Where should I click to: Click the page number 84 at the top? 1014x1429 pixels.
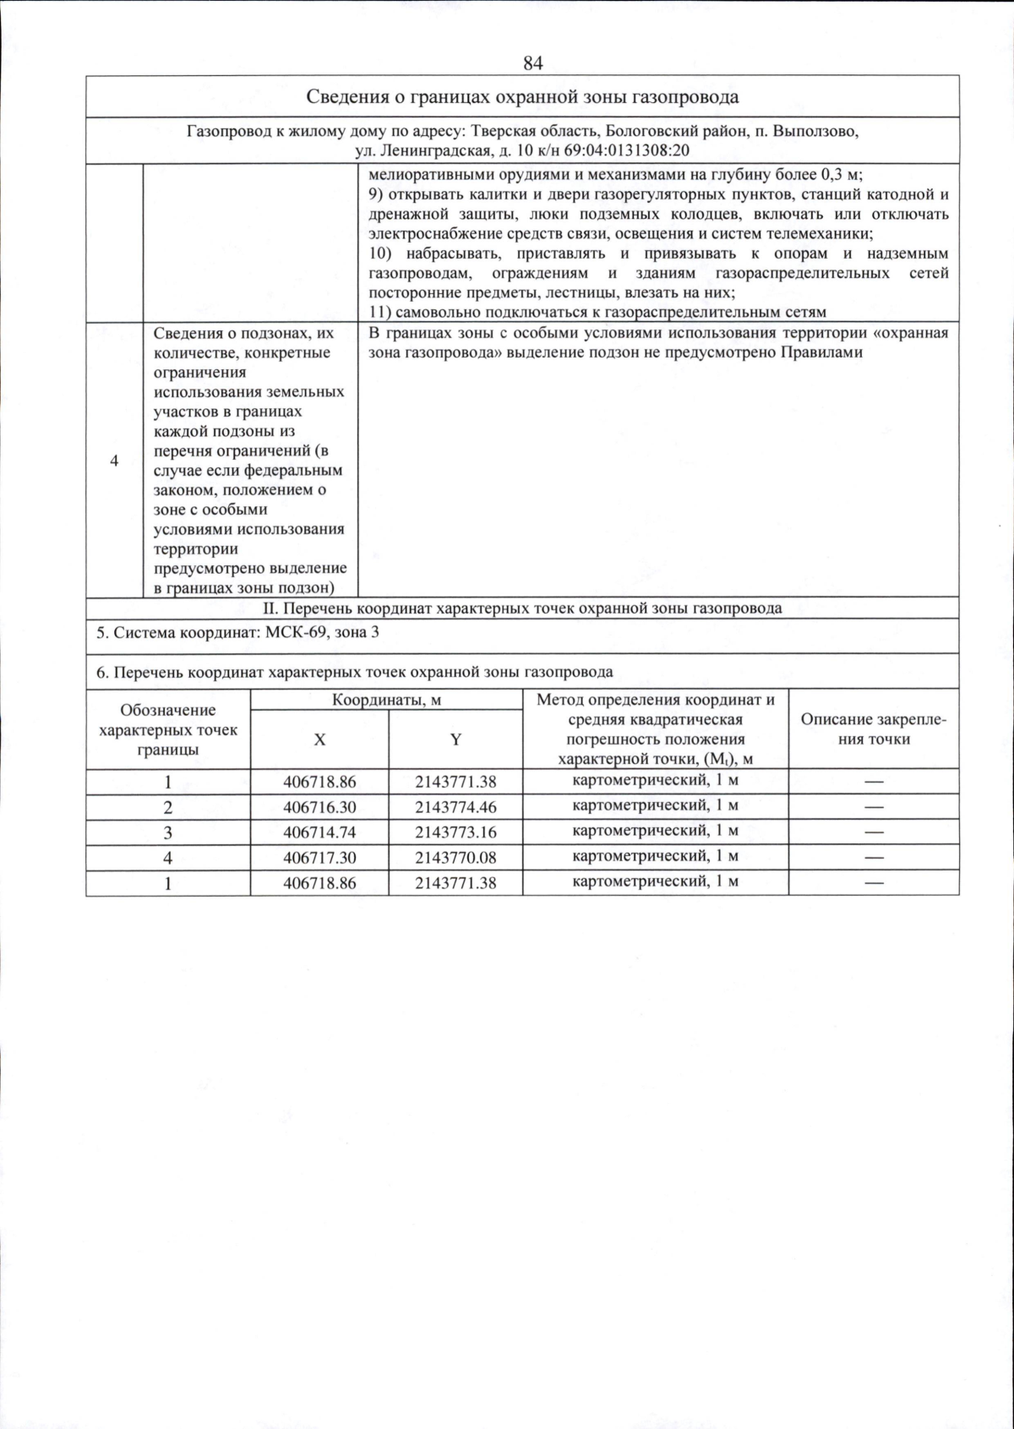point(532,63)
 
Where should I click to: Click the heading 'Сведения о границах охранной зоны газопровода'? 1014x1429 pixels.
point(521,96)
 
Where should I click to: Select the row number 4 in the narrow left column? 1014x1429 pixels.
point(114,461)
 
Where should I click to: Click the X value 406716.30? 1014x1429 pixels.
point(319,807)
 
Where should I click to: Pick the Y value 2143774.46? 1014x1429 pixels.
point(455,807)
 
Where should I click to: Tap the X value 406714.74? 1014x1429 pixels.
point(319,832)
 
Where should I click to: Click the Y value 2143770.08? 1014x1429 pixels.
point(455,858)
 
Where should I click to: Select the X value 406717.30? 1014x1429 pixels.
point(319,858)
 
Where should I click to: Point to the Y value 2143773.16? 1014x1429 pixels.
point(455,832)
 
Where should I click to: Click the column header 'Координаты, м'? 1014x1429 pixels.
point(386,700)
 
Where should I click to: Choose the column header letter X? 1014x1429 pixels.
point(319,739)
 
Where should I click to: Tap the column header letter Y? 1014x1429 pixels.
point(455,739)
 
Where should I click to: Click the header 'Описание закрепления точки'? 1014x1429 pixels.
point(873,728)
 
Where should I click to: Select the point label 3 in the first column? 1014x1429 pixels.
point(168,832)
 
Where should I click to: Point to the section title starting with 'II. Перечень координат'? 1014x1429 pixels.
point(521,608)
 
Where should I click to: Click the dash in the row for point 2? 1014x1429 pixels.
point(873,808)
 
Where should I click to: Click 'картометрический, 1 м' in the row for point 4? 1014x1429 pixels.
point(655,856)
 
